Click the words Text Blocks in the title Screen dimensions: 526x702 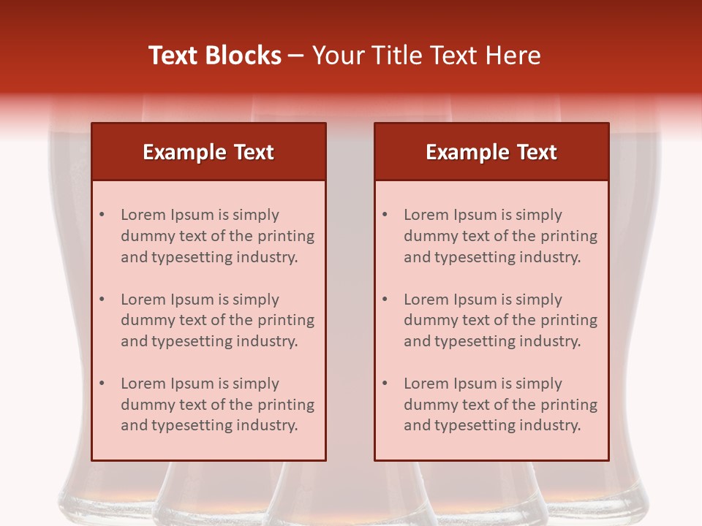[x=215, y=56]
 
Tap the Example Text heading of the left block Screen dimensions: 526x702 [x=208, y=152]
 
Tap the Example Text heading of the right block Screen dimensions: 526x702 [x=491, y=152]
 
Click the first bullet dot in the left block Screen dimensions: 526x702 [x=102, y=215]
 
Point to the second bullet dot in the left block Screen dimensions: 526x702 [x=102, y=300]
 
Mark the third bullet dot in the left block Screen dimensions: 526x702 [x=102, y=384]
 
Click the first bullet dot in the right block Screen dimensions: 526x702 [x=385, y=215]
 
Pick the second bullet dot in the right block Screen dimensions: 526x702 [x=385, y=300]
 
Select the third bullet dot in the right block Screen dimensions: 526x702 [x=385, y=384]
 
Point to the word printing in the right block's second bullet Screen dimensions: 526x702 [x=570, y=320]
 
